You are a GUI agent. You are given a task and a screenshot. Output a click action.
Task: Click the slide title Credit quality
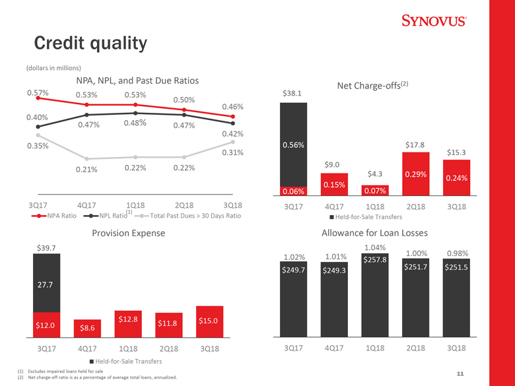[90, 44]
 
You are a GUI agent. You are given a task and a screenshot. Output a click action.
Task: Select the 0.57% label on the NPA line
[38, 92]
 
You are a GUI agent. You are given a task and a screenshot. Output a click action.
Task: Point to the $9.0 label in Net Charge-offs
[332, 164]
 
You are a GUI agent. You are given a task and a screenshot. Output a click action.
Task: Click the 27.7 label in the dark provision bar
[46, 284]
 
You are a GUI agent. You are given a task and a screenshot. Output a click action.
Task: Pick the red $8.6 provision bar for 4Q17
[86, 327]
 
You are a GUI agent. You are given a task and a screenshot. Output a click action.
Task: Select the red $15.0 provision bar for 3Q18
[208, 321]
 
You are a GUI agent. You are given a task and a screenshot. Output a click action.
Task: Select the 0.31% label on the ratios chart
[233, 153]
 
